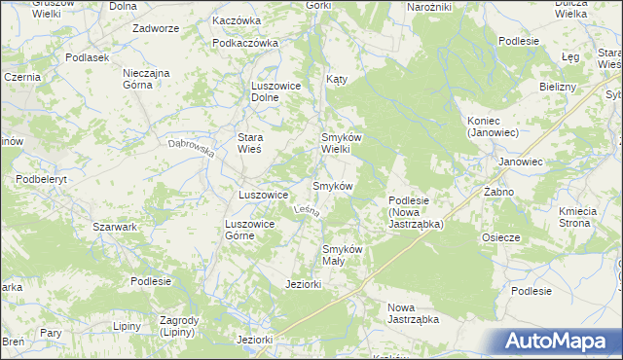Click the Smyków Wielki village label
[x=343, y=143]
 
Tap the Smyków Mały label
[x=343, y=254]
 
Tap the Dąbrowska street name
[x=190, y=149]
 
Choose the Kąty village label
[x=337, y=77]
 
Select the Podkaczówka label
[x=245, y=43]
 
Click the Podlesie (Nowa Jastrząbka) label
[x=416, y=211]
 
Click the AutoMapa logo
[x=553, y=342]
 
